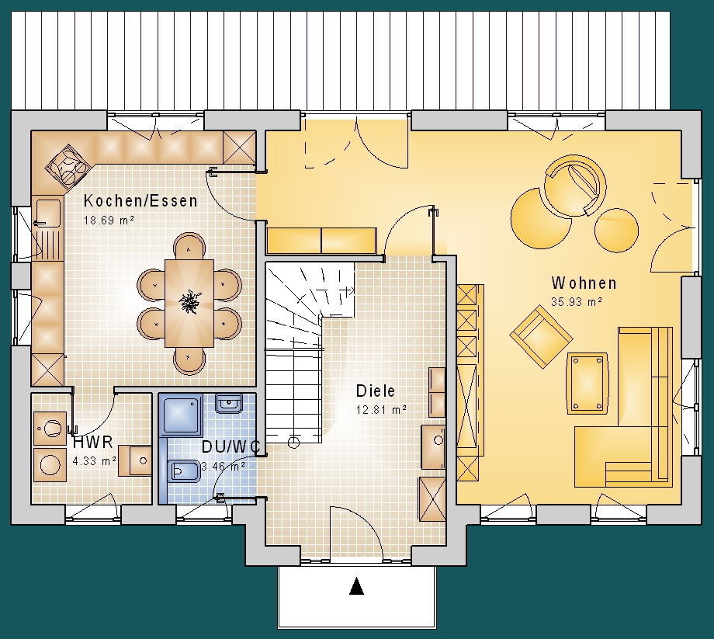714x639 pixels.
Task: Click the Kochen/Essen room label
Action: pyautogui.click(x=140, y=201)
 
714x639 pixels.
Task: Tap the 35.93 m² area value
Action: pyautogui.click(x=577, y=301)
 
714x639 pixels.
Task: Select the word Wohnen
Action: pyautogui.click(x=584, y=283)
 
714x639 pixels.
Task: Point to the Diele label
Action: pyautogui.click(x=375, y=391)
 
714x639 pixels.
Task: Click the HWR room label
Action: pyautogui.click(x=93, y=442)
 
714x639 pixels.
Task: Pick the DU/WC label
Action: pyautogui.click(x=230, y=446)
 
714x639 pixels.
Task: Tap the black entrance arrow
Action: pyautogui.click(x=356, y=586)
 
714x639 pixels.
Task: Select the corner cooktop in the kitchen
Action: pyautogui.click(x=68, y=167)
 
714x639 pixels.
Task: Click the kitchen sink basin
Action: pyautogui.click(x=48, y=212)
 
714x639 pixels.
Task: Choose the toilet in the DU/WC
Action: pyautogui.click(x=182, y=471)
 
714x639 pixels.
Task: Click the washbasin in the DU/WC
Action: pyautogui.click(x=229, y=403)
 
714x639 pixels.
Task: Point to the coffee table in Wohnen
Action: pyautogui.click(x=587, y=383)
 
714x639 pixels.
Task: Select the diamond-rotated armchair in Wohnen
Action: pyautogui.click(x=541, y=336)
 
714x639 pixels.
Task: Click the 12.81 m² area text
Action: pyautogui.click(x=381, y=410)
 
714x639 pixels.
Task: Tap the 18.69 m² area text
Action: pyautogui.click(x=109, y=221)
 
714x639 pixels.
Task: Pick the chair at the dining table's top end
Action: pyautogui.click(x=189, y=246)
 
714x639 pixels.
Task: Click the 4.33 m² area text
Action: pyautogui.click(x=94, y=461)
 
